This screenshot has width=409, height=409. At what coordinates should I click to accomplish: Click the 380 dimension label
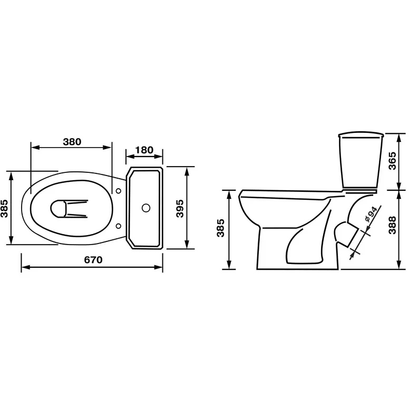click(72, 142)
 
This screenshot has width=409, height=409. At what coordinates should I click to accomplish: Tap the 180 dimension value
click(144, 150)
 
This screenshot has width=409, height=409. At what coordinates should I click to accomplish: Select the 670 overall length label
click(93, 260)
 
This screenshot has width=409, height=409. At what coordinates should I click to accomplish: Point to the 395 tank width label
click(180, 208)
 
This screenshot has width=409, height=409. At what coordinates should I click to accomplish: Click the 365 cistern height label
click(392, 161)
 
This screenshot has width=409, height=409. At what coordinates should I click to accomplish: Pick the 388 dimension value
click(392, 225)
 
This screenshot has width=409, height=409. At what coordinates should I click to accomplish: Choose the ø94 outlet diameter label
click(371, 214)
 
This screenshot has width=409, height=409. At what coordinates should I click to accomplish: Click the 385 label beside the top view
click(4, 208)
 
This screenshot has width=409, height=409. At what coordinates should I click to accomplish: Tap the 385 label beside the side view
click(221, 228)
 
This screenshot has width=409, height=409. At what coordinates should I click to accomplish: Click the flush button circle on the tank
click(146, 208)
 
